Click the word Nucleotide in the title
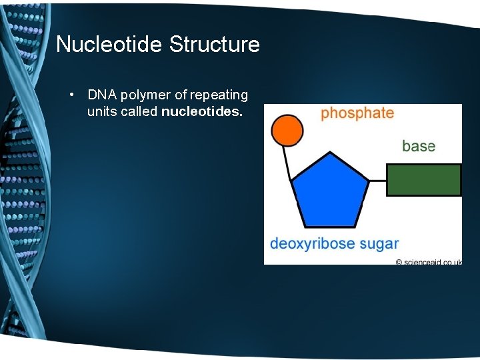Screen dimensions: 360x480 [x=110, y=45]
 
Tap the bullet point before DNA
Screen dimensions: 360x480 [x=71, y=95]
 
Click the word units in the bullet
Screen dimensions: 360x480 [x=101, y=112]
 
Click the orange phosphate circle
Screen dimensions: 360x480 [x=287, y=130]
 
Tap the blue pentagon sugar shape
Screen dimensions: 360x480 [x=330, y=191]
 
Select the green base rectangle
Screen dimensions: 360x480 [x=424, y=180]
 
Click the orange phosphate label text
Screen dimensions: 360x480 [x=357, y=113]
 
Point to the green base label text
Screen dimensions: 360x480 [x=419, y=146]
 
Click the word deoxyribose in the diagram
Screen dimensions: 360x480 [x=312, y=244]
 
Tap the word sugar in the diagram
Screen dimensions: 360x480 [x=379, y=244]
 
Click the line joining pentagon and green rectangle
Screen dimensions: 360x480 [x=377, y=180]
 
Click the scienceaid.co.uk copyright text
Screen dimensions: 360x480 [x=428, y=262]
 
